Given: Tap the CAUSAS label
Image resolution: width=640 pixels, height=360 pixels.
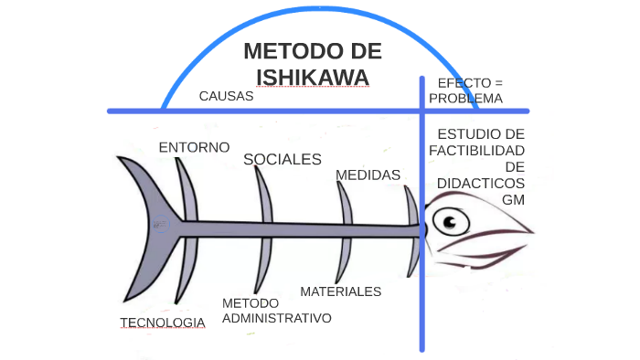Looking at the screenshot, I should point(226,95).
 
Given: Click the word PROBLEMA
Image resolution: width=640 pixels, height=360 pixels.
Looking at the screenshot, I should point(465,98).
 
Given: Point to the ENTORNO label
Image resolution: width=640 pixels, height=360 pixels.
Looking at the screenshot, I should point(194,147).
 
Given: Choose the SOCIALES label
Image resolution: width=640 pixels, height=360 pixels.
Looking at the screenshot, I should point(283,160).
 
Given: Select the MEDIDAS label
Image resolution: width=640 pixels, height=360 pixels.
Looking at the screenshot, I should point(368,175).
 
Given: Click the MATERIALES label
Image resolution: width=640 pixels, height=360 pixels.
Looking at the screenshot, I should point(340,291).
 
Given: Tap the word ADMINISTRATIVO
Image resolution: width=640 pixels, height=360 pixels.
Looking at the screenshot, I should point(276,318).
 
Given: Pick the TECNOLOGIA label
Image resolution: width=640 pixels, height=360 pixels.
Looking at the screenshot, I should point(163,323).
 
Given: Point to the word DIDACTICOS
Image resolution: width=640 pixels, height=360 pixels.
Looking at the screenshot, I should point(481,183).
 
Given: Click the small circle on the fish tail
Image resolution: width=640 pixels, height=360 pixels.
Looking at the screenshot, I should point(161,224).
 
